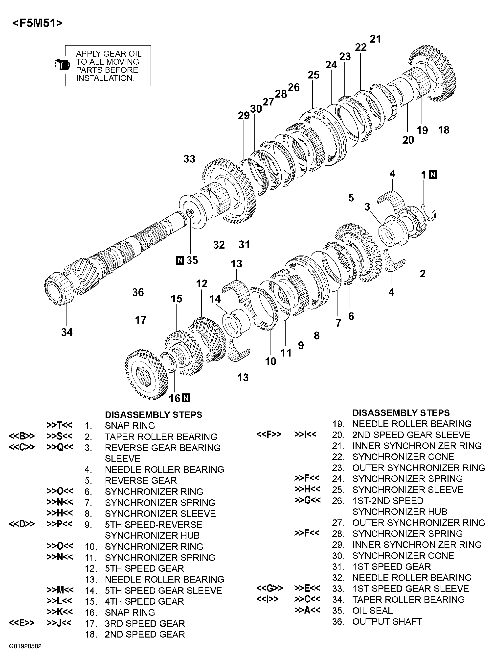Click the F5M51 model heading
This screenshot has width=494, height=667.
[x=37, y=23]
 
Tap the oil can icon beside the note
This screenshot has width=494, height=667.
[x=62, y=64]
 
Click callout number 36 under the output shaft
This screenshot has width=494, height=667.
[x=138, y=292]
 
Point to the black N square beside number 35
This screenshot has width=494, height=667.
[x=180, y=260]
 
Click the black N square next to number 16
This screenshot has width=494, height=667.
[x=186, y=398]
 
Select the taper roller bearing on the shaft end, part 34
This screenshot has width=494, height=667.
[x=59, y=289]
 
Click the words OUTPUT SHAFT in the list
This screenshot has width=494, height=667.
[x=387, y=621]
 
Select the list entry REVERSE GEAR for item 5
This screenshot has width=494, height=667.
[x=140, y=481]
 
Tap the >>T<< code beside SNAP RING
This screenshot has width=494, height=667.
[x=60, y=425]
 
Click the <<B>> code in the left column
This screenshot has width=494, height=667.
[x=22, y=436]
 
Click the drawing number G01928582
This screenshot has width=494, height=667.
[x=25, y=646]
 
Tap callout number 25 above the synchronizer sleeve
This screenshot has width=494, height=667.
[x=313, y=75]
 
